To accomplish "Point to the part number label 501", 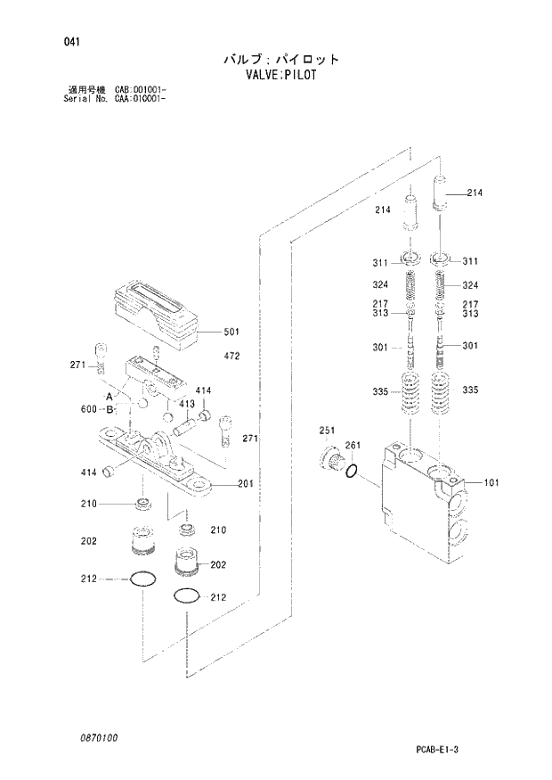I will [231, 332].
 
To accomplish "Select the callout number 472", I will [231, 356].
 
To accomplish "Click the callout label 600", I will [90, 410].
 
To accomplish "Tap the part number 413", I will [186, 404].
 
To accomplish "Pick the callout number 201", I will [246, 484].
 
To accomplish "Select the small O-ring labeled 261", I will [353, 470].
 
